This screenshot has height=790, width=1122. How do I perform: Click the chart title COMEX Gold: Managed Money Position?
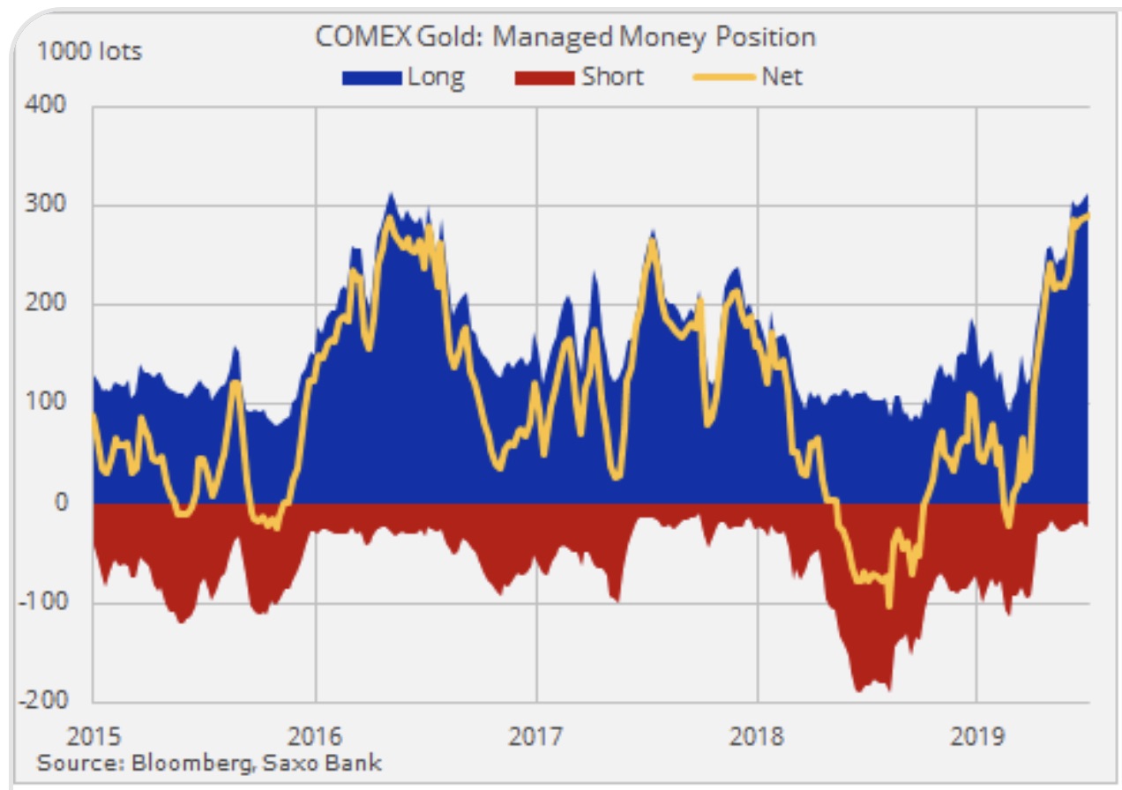[x=565, y=36]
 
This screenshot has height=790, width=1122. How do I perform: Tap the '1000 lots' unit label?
[x=88, y=52]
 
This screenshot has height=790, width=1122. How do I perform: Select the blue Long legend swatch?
[x=370, y=78]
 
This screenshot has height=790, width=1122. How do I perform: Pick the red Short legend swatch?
[x=543, y=78]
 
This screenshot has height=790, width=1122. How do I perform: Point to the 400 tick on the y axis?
[x=49, y=106]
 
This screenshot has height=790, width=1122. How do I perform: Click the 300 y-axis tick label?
[x=49, y=205]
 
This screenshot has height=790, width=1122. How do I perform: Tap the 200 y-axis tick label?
[x=49, y=304]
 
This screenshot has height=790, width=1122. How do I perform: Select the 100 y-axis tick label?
[x=49, y=403]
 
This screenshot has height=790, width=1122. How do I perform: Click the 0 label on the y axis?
[x=61, y=503]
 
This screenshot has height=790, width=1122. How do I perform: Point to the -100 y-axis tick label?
[x=46, y=602]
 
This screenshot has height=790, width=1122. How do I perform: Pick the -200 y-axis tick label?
[x=46, y=701]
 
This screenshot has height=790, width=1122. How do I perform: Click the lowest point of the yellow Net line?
[x=888, y=607]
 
